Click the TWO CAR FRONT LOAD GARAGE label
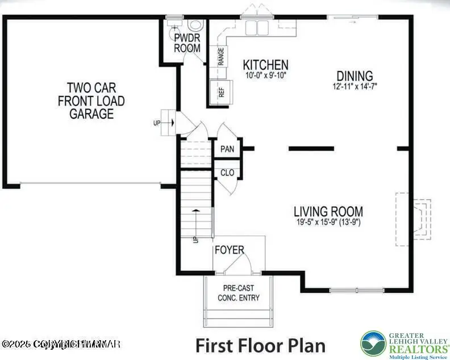(x=91, y=101)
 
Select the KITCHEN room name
(x=265, y=65)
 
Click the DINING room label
(x=355, y=76)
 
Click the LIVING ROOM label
(x=328, y=211)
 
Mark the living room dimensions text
(x=328, y=223)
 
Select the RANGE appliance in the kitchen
(x=220, y=57)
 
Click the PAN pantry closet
(x=227, y=149)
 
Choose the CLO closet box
(x=227, y=173)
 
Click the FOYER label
(x=230, y=250)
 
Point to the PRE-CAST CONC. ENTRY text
(x=239, y=293)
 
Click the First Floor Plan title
(x=261, y=345)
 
